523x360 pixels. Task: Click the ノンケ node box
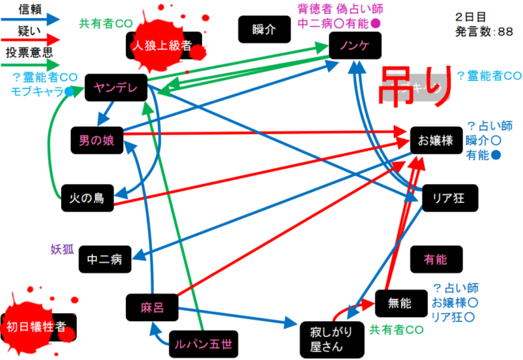[354, 46]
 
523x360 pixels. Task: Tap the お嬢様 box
[435, 140]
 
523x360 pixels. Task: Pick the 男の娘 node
[97, 140]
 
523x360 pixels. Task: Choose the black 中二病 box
[105, 258]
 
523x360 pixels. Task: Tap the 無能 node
[399, 303]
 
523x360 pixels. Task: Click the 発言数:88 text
[487, 32]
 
